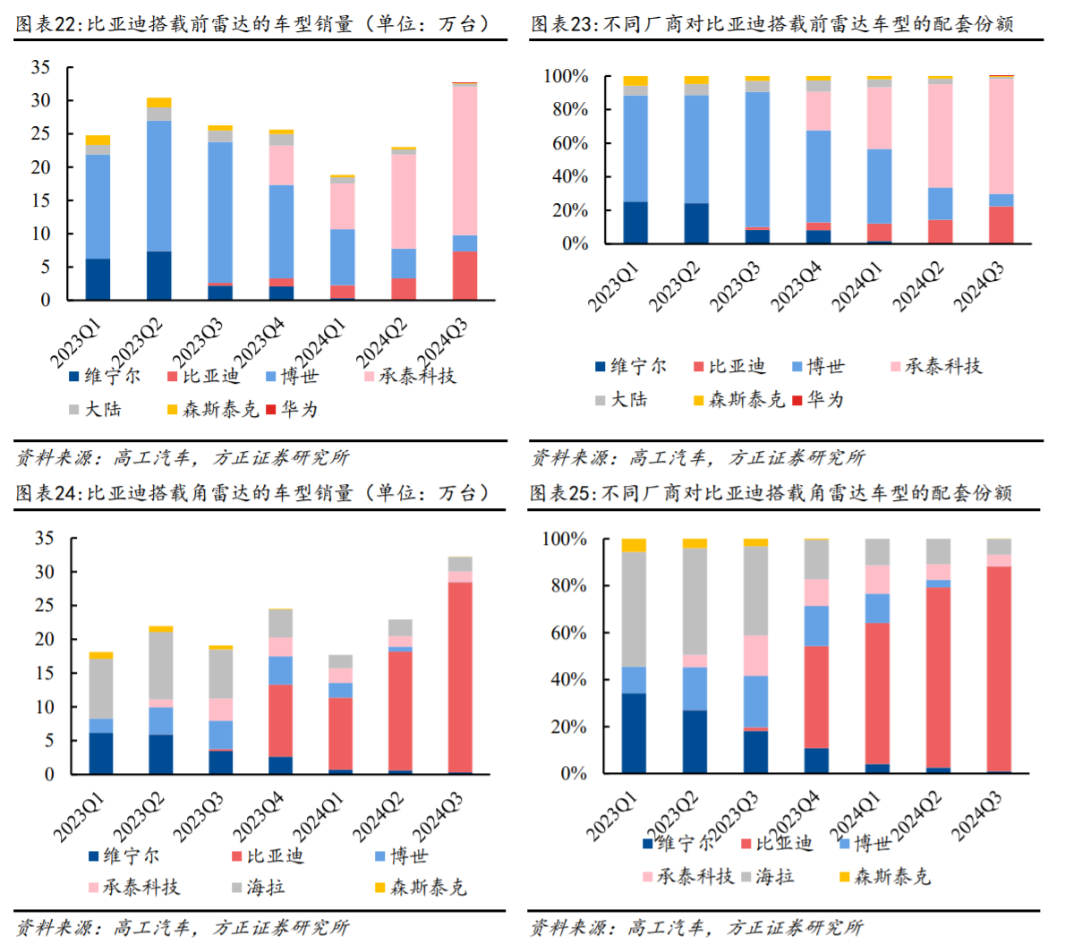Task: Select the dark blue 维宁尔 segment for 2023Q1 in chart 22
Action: coord(98,279)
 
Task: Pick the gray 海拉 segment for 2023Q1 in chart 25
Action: coord(634,609)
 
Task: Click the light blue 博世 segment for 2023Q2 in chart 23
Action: coord(696,149)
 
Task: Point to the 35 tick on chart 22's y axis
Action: coord(40,67)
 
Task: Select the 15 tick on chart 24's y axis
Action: coord(44,673)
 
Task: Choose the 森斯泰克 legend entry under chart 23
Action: coord(745,399)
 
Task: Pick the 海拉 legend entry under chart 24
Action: coord(266,887)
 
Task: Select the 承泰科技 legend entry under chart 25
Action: coord(694,876)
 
